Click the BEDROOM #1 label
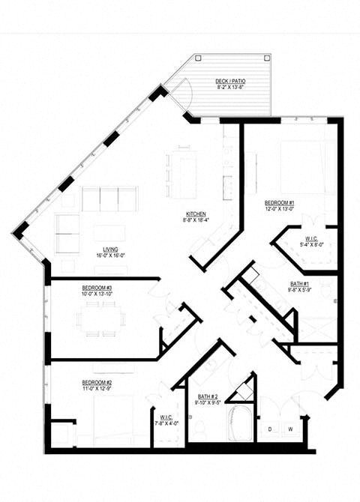pyautogui.click(x=279, y=202)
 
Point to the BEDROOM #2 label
pyautogui.click(x=97, y=382)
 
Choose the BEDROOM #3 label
pyautogui.click(x=97, y=288)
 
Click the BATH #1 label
pyautogui.click(x=300, y=283)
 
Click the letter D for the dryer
pyautogui.click(x=269, y=429)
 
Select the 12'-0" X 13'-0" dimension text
pyautogui.click(x=279, y=209)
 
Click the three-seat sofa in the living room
pyautogui.click(x=109, y=199)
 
